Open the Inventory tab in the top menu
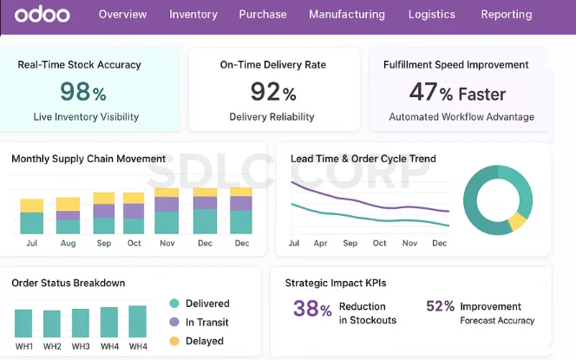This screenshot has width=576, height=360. coord(193,15)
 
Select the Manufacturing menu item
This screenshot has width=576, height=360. coord(346,15)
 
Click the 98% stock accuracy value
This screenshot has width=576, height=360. coord(83,91)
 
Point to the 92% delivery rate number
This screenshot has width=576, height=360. coord(273,91)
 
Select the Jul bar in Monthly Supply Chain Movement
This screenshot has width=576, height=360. coord(32,217)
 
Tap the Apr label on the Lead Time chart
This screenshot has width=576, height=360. coord(321,244)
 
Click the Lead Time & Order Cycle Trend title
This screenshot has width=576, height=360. coord(363,159)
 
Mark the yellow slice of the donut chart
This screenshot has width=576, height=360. coord(518,221)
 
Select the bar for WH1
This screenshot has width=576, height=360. coord(23,323)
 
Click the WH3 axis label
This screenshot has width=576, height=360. coord(81,347)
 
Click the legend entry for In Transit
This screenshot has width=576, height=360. coord(206,322)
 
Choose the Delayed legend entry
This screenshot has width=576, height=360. coord(204,341)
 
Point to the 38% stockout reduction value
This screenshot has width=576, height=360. coord(312,309)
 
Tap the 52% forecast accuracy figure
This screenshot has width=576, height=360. coord(441,307)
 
